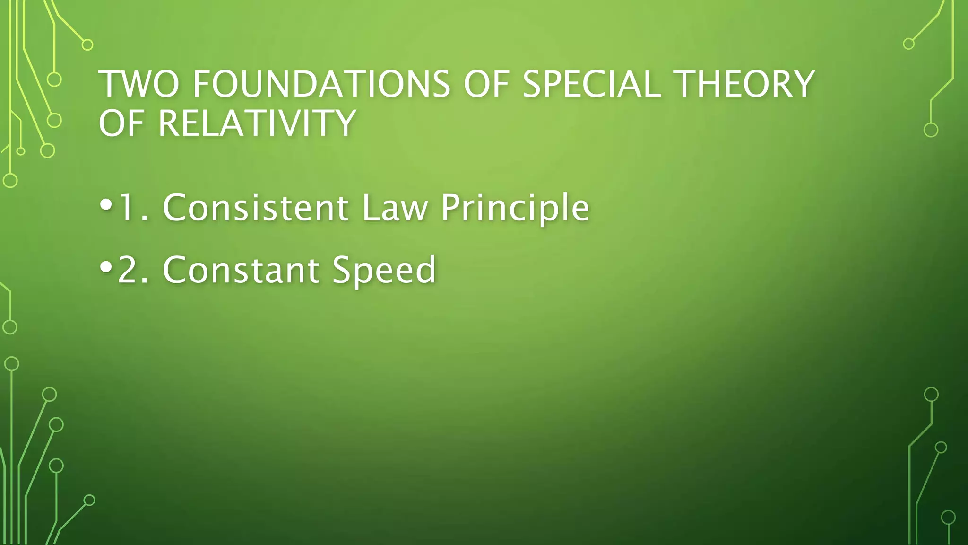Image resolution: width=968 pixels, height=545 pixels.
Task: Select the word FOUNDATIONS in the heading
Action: click(x=321, y=84)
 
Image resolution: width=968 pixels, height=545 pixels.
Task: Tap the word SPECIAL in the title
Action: click(x=591, y=84)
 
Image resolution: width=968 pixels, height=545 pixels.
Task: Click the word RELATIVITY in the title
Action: click(x=256, y=123)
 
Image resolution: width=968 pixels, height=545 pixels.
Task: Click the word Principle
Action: click(x=515, y=208)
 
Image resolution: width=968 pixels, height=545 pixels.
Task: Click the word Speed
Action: click(x=383, y=270)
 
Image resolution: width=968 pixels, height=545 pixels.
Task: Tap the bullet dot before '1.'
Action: click(x=106, y=206)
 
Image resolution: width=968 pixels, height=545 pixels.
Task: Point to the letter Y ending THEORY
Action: click(x=802, y=84)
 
